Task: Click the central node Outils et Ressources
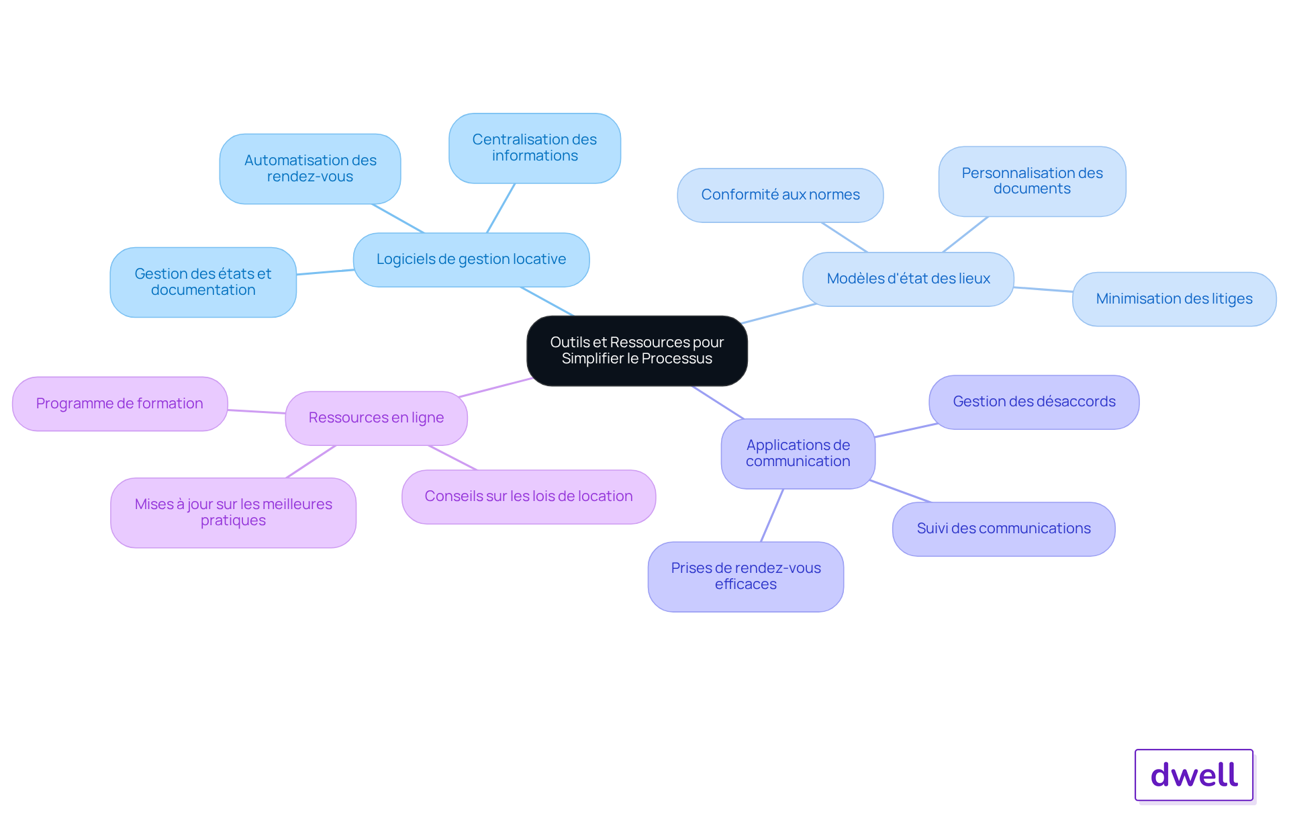tap(636, 351)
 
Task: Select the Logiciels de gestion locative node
tap(471, 260)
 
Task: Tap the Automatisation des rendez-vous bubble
tap(310, 169)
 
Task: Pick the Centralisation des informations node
tap(534, 148)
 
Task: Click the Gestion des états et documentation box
tap(203, 282)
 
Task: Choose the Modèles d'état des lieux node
tap(908, 279)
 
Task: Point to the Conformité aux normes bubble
tap(780, 195)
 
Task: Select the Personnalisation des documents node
tap(1032, 181)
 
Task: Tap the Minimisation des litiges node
tap(1174, 299)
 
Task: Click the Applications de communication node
tap(798, 453)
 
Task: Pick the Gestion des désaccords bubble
tap(1034, 402)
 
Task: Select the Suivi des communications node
tap(1004, 529)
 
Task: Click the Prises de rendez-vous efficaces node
tap(745, 576)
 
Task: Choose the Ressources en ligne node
tap(376, 418)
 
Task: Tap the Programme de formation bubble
tap(120, 404)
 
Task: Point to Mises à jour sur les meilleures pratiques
tap(233, 512)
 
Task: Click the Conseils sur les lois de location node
tap(528, 496)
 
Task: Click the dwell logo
tap(1194, 775)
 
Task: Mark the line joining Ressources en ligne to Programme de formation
tap(256, 411)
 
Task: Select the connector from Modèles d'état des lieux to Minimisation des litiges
tap(1043, 289)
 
